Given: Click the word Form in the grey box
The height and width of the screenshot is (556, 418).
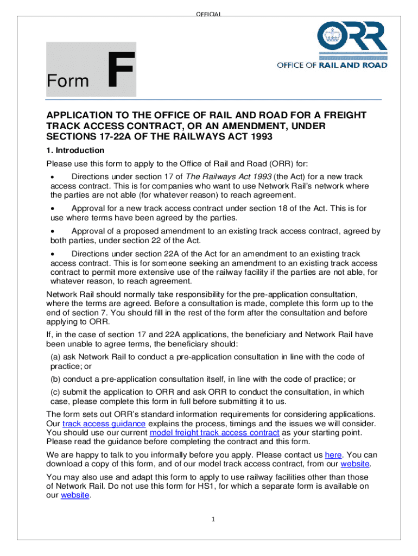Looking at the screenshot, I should (x=68, y=81).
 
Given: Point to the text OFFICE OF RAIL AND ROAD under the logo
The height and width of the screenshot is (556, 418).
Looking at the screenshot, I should (x=332, y=65).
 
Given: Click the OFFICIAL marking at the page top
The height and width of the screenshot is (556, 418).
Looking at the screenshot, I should (x=209, y=14).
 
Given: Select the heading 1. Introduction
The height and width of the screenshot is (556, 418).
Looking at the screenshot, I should (x=75, y=150).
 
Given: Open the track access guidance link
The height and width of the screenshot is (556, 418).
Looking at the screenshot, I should (x=104, y=424).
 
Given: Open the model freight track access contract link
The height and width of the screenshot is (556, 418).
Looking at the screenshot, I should (x=214, y=433).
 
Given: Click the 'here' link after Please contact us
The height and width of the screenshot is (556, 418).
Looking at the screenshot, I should (x=333, y=455).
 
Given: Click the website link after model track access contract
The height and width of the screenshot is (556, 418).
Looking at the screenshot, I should (x=355, y=464).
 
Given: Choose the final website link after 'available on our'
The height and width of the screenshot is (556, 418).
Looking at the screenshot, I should (x=75, y=496).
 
